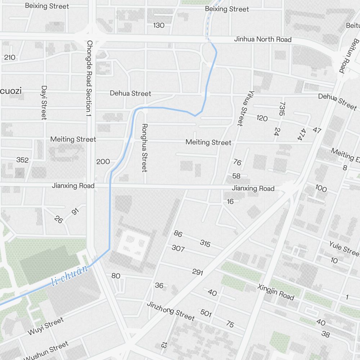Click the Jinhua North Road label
click(263, 39)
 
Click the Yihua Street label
click(243, 108)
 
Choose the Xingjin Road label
click(276, 292)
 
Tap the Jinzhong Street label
click(171, 311)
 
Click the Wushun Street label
click(46, 351)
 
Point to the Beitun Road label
click(349, 56)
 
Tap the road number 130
click(159, 25)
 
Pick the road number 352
click(22, 160)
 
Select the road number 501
click(206, 313)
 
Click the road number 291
click(198, 272)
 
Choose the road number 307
click(178, 248)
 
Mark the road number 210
click(10, 57)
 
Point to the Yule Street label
click(344, 248)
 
